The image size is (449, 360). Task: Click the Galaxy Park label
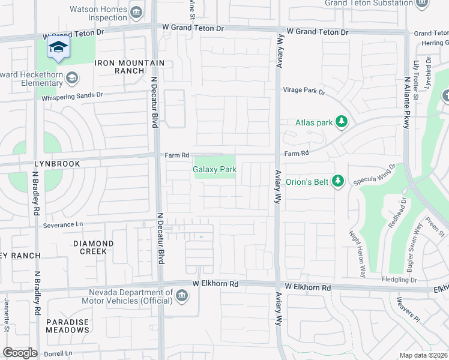click(x=214, y=170)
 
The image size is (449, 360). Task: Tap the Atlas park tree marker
click(x=342, y=122)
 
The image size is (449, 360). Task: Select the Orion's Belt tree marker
click(x=338, y=181)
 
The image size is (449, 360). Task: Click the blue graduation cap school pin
click(x=58, y=49)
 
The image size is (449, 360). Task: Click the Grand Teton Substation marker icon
click(x=423, y=4)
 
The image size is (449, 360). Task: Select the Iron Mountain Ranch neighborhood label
click(x=128, y=67)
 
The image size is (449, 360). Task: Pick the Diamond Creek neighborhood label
click(x=93, y=247)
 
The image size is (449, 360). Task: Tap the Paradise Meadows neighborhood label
click(x=67, y=326)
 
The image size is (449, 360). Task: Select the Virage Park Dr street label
click(x=304, y=92)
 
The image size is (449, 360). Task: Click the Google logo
click(x=20, y=353)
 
